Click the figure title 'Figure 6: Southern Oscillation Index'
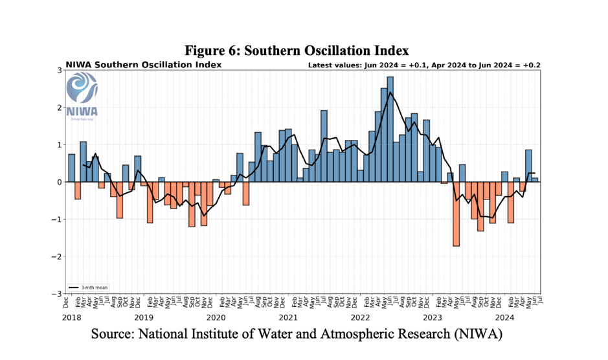point(297,51)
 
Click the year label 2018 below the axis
point(71,317)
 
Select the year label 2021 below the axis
point(287,317)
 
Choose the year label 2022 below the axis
point(360,317)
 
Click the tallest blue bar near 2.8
point(390,129)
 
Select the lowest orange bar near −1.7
point(456,214)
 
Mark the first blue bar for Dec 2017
point(71,168)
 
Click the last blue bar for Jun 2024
point(535,179)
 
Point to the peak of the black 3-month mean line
point(390,92)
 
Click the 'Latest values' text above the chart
point(424,65)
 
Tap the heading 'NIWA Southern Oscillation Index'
point(143,65)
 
